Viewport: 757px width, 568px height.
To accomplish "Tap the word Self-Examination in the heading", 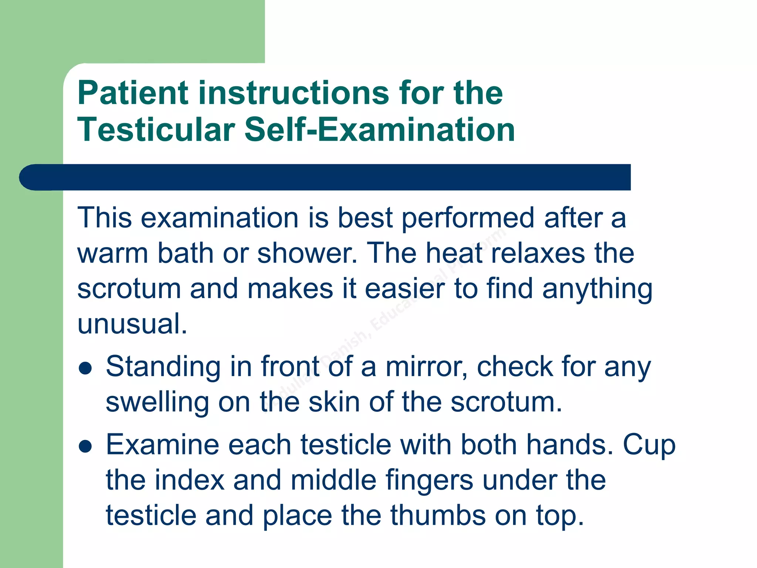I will click(380, 130).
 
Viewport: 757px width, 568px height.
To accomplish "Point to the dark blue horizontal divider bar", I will click(325, 177).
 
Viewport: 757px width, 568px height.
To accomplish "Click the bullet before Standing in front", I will click(85, 368).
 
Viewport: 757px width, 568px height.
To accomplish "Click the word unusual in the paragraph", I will click(132, 324).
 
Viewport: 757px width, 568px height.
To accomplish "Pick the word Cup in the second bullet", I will click(649, 445).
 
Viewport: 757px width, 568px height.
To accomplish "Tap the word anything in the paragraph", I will click(597, 289).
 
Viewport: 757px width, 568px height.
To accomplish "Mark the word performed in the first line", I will click(468, 218).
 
